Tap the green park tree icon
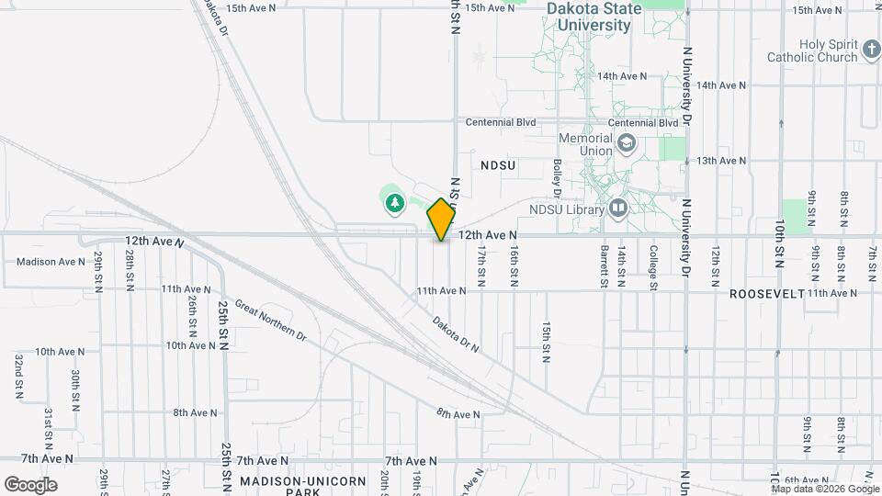point(395,201)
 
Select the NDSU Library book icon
point(617,209)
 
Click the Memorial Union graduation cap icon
point(627,143)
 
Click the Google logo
point(30,484)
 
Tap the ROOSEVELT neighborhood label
point(767,293)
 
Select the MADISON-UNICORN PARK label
point(302,486)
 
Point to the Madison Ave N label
point(51,262)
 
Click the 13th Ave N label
point(721,161)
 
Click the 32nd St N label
point(18,375)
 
